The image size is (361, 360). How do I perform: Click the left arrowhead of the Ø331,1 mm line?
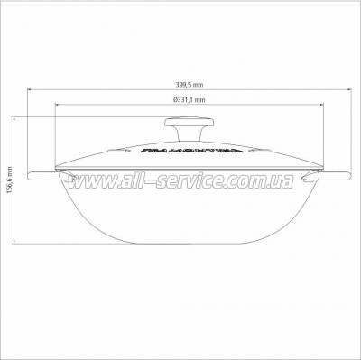(x=59, y=106)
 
